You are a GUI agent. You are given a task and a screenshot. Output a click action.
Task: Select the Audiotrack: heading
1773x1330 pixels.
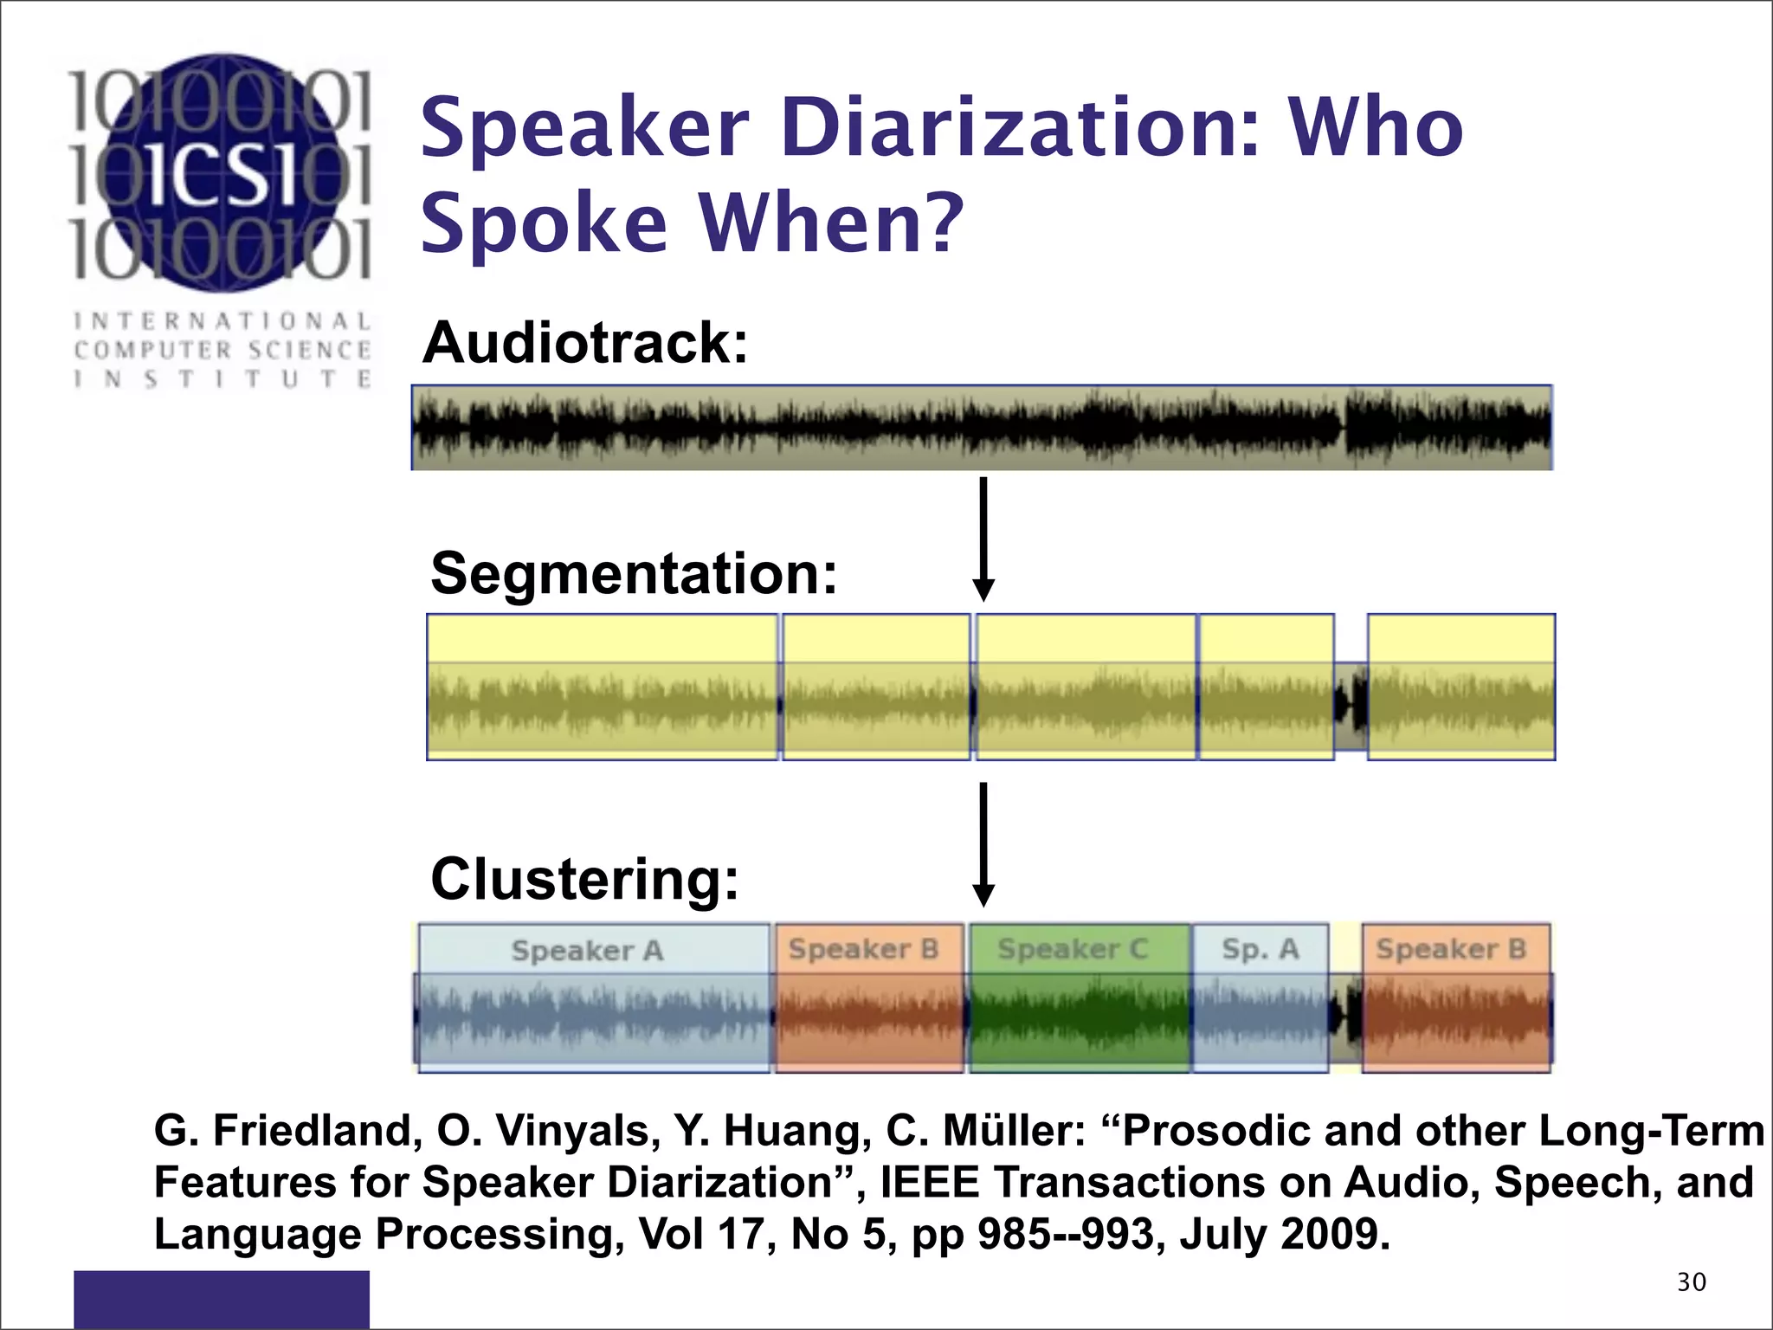(585, 343)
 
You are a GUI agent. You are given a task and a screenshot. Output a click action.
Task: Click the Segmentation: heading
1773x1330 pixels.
(634, 573)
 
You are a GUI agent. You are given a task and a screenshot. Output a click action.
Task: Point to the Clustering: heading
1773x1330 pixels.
(585, 879)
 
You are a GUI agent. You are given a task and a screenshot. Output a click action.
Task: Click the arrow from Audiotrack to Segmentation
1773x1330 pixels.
(983, 537)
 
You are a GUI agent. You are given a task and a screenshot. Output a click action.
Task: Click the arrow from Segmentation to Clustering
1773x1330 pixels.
(983, 844)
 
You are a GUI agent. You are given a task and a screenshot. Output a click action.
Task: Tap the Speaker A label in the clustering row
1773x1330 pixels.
(587, 951)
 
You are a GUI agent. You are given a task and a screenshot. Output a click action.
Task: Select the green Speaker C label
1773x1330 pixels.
(1072, 949)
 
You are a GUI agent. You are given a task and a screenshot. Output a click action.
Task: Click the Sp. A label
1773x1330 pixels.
(1260, 949)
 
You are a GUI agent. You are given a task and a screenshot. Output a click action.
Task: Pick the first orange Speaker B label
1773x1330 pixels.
(863, 949)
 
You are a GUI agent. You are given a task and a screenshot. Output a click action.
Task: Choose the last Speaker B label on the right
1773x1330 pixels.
(1451, 949)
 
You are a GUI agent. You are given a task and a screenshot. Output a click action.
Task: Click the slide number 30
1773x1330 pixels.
(1691, 1282)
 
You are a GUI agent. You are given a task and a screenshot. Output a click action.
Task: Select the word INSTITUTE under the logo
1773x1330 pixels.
(222, 379)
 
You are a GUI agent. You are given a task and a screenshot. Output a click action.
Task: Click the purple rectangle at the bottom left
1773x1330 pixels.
(221, 1299)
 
